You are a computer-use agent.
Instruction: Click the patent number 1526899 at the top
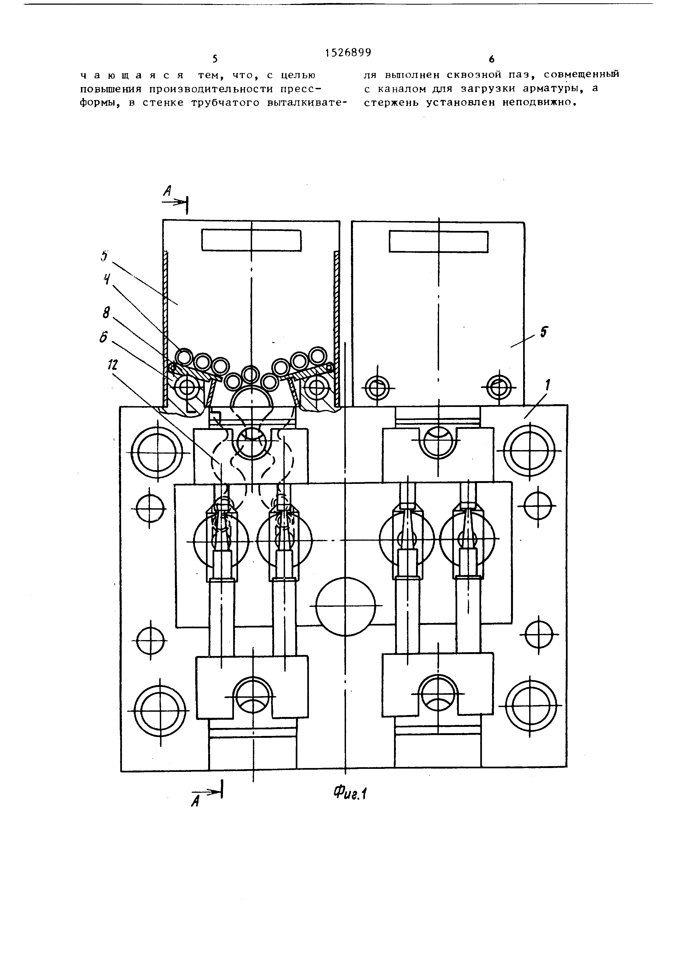(348, 52)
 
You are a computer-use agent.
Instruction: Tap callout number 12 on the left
(112, 365)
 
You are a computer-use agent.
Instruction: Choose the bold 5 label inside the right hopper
(543, 332)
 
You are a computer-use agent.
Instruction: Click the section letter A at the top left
(167, 191)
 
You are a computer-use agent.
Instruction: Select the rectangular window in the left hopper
(251, 240)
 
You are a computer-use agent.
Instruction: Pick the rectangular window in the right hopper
(439, 242)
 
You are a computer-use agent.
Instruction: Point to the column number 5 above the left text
(215, 59)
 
